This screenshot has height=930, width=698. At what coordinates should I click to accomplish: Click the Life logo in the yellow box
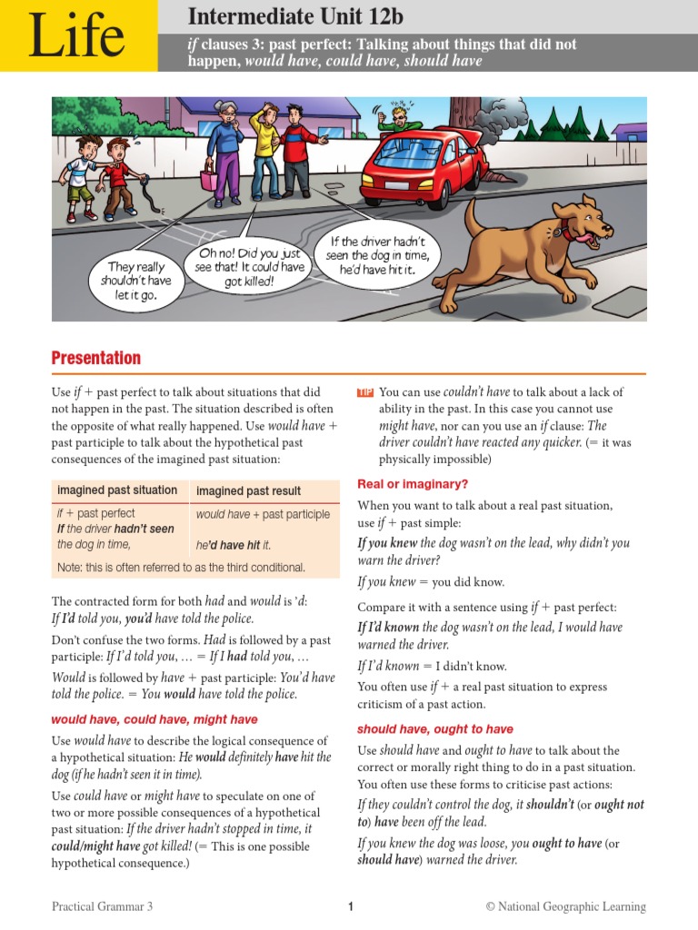coord(76,36)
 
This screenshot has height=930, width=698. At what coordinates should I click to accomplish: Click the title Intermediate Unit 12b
coord(295,16)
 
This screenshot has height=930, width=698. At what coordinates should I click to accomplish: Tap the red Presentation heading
coord(96,357)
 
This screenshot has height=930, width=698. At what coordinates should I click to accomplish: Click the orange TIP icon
coord(365,392)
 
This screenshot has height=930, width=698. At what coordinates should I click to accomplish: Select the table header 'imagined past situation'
coord(117,490)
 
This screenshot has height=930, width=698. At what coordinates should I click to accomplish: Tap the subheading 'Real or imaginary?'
coord(413,484)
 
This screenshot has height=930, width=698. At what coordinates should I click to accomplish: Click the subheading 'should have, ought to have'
coord(434,728)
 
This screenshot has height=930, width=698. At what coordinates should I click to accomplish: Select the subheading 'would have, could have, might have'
coord(155,719)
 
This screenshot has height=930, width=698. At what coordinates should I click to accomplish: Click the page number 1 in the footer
coord(350,906)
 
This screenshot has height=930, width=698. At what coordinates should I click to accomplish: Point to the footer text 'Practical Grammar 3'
coord(103,906)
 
